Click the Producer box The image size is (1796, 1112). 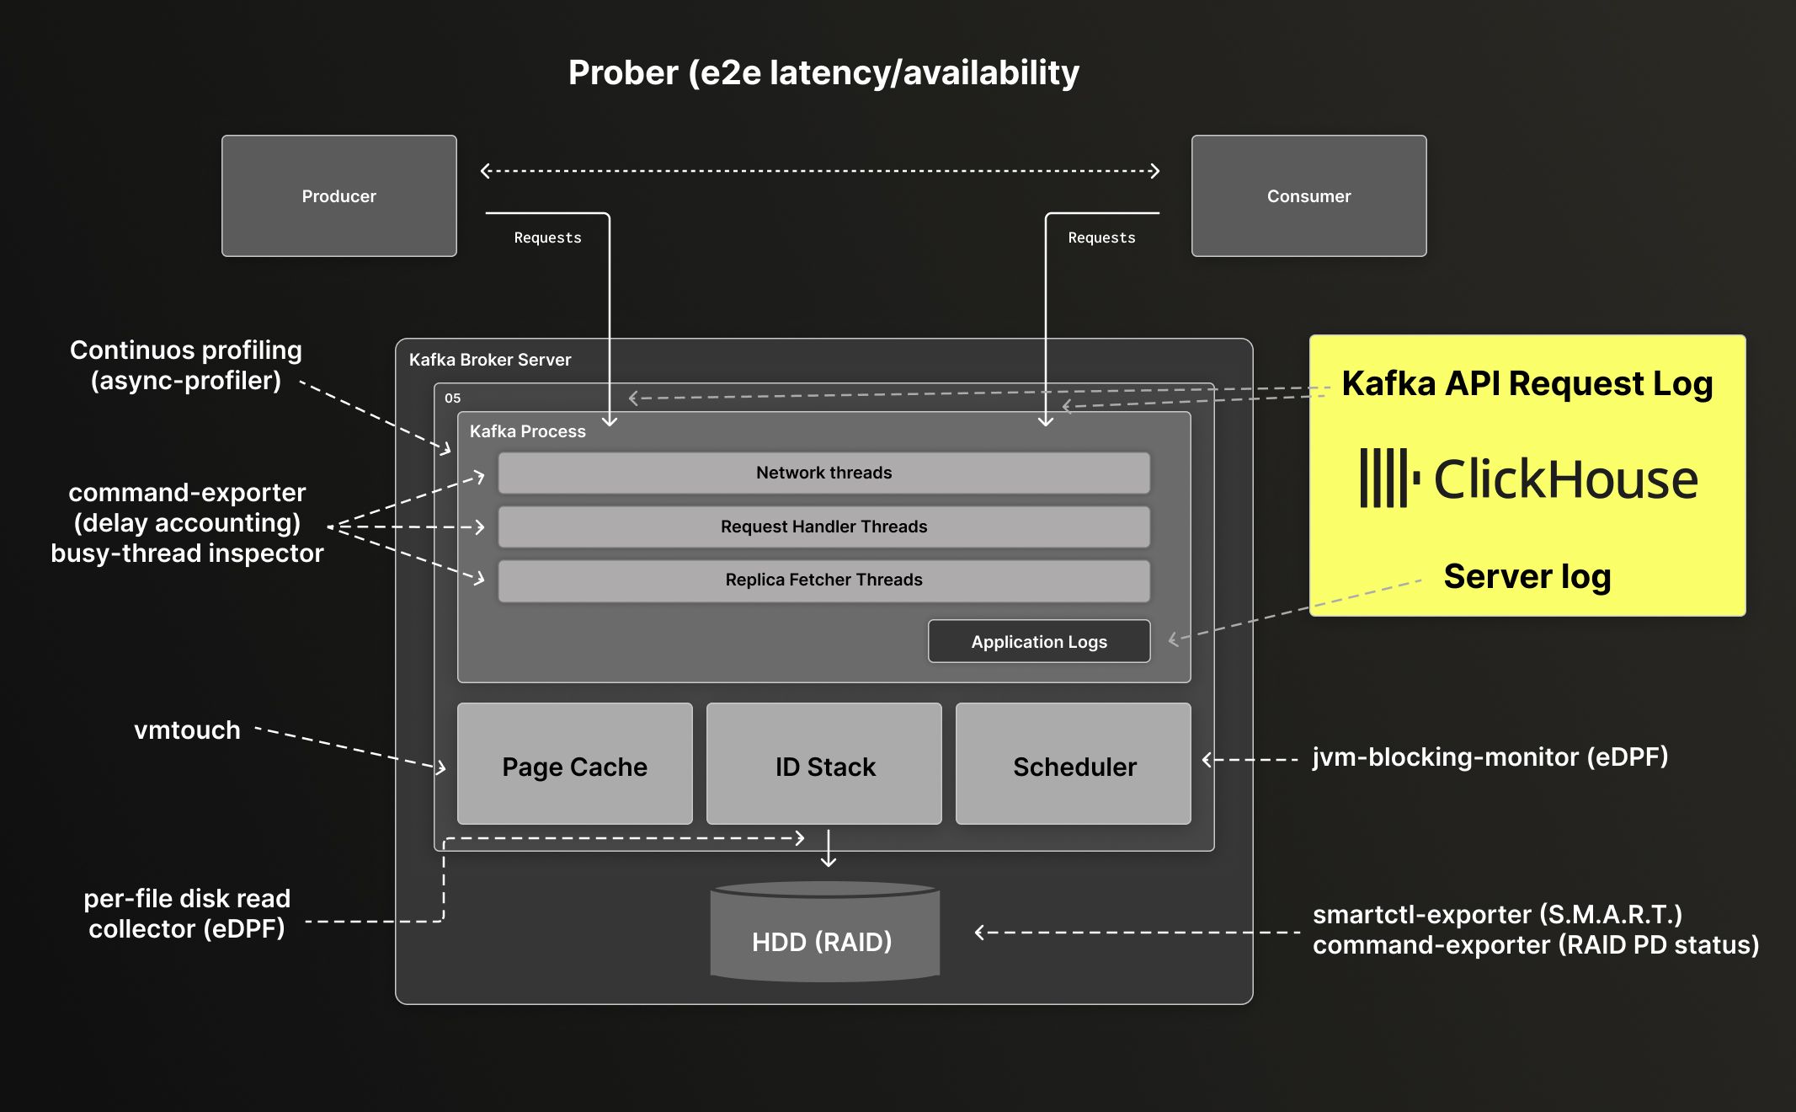338,195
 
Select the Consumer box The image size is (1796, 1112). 1308,195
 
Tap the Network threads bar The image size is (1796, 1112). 823,473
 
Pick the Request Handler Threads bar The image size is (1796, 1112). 823,527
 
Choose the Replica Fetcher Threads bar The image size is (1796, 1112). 823,580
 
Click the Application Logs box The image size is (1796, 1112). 1039,641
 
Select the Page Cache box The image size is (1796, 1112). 574,764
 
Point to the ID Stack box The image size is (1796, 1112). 824,764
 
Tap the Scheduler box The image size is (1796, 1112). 1074,764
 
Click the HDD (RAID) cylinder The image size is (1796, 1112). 824,935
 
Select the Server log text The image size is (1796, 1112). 1527,577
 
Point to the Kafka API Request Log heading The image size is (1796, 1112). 1527,383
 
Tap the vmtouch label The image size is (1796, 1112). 187,730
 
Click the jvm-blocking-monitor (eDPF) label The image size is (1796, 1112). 1490,756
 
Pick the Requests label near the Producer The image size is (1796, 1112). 547,238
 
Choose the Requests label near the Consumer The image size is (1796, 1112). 1101,238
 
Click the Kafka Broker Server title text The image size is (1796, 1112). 490,360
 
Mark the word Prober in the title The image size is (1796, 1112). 623,73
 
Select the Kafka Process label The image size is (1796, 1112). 527,431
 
